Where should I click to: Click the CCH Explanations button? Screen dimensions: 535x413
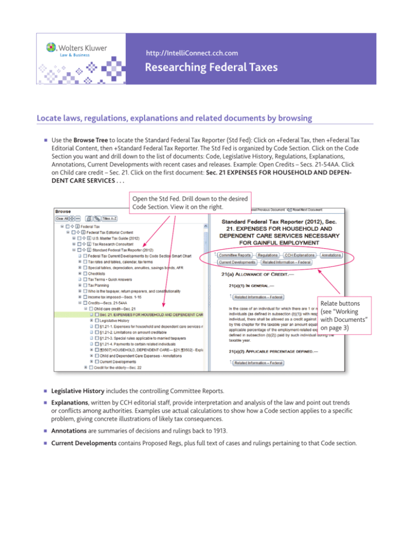300,255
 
